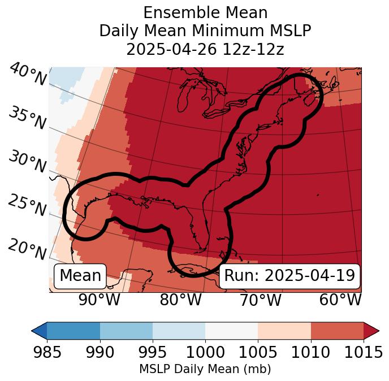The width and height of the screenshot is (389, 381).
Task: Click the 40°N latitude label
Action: point(28,75)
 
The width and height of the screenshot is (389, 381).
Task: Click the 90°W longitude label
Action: point(99,300)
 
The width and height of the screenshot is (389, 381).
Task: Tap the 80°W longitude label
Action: point(180,300)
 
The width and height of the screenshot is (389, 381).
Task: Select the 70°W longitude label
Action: point(260,300)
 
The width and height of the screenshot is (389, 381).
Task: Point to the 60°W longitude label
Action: point(340,300)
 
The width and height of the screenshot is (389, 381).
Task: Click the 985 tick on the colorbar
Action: point(47,352)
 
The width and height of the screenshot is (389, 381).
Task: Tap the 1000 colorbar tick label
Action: point(205,352)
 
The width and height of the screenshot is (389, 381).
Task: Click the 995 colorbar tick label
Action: point(153,352)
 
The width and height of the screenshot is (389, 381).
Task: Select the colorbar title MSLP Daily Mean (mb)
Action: point(205,369)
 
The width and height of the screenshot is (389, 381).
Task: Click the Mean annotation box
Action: point(80,276)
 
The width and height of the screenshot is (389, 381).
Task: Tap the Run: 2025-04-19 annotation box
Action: point(289,276)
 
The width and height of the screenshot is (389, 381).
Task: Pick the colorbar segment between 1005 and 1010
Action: point(284,330)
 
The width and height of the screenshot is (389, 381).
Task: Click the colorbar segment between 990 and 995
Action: point(126,330)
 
